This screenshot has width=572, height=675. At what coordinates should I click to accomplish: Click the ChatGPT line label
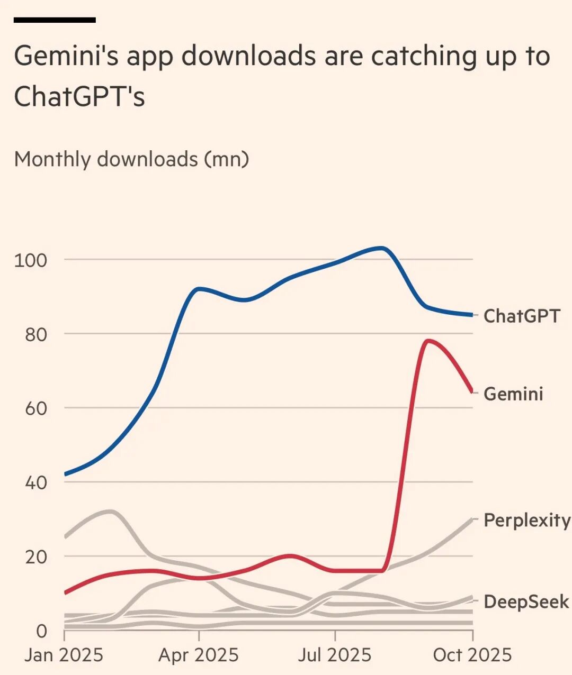pyautogui.click(x=522, y=316)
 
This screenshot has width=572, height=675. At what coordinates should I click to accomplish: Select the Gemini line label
pyautogui.click(x=513, y=394)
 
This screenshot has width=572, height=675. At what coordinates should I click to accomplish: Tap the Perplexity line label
pyautogui.click(x=527, y=520)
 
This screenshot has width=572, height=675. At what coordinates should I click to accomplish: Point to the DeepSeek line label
pyautogui.click(x=526, y=601)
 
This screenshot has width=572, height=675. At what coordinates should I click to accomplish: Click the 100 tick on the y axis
pyautogui.click(x=31, y=260)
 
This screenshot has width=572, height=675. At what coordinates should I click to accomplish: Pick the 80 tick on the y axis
pyautogui.click(x=35, y=334)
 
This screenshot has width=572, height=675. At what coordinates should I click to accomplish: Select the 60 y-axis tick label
pyautogui.click(x=35, y=408)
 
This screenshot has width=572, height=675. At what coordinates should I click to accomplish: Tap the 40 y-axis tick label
pyautogui.click(x=35, y=482)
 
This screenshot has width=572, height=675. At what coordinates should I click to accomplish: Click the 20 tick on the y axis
pyautogui.click(x=35, y=557)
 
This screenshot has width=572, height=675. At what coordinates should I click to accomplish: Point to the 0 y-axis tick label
pyautogui.click(x=41, y=631)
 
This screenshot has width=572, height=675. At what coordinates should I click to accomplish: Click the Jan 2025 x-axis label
pyautogui.click(x=64, y=655)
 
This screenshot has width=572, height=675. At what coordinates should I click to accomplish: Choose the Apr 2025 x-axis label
pyautogui.click(x=199, y=655)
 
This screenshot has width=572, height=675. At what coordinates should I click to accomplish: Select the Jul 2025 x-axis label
pyautogui.click(x=335, y=655)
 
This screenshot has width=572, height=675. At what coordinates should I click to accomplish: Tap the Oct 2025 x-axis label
pyautogui.click(x=472, y=655)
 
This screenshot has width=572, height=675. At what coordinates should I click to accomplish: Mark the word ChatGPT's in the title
pyautogui.click(x=79, y=96)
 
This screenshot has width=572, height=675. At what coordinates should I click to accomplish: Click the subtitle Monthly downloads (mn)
pyautogui.click(x=131, y=159)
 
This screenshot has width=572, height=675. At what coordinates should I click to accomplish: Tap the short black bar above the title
pyautogui.click(x=55, y=20)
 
